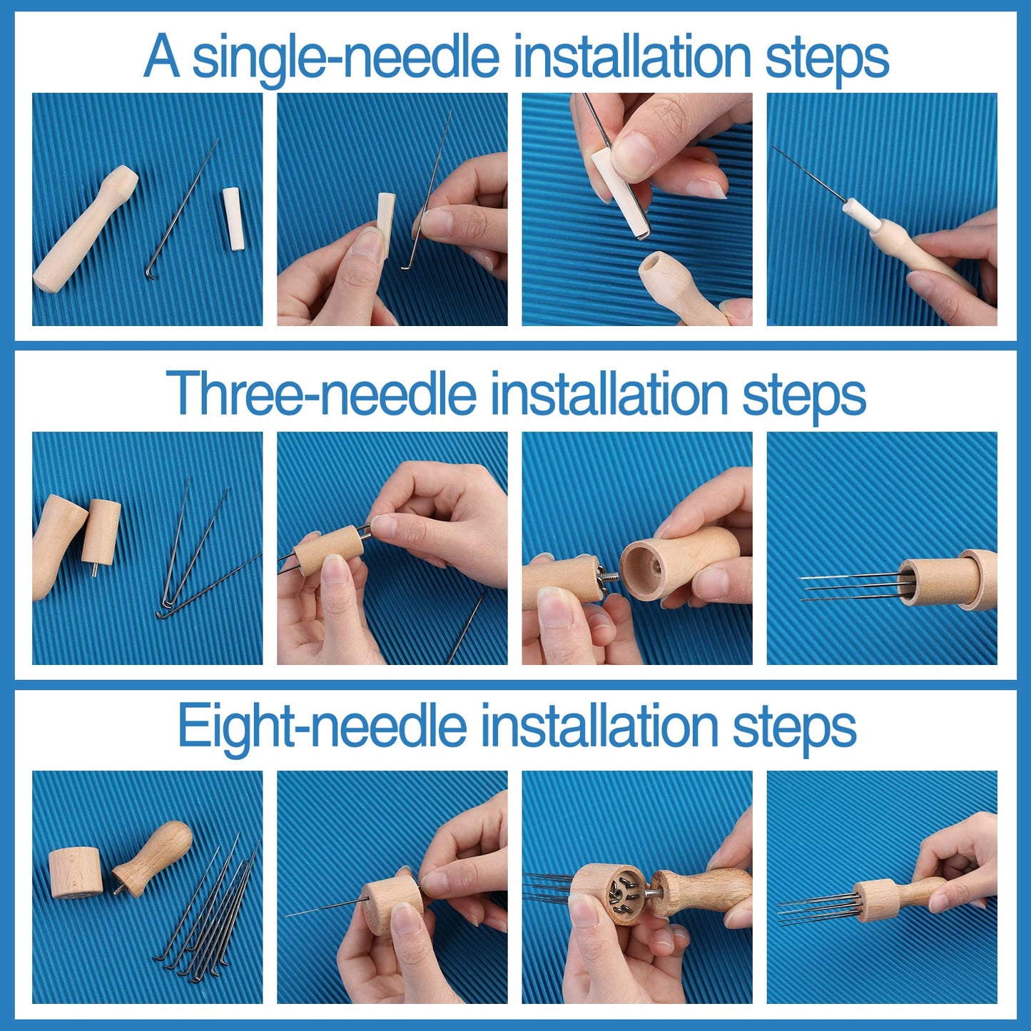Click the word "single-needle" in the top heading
click(x=345, y=57)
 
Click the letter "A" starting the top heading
click(x=161, y=57)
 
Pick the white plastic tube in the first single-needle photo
click(x=233, y=218)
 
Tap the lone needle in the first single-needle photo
click(x=182, y=210)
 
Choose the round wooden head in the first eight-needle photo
click(x=75, y=873)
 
